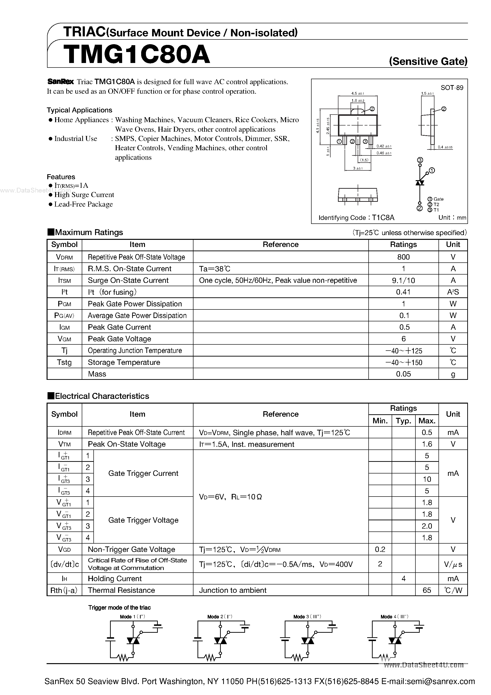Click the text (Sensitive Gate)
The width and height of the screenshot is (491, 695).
pyautogui.click(x=428, y=62)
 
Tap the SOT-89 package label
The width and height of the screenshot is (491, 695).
pyautogui.click(x=452, y=88)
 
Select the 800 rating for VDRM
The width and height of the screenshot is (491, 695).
pyautogui.click(x=403, y=257)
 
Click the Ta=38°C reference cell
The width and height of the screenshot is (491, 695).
pyautogui.click(x=215, y=269)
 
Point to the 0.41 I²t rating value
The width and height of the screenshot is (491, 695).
pyautogui.click(x=403, y=292)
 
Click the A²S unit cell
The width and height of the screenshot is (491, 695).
pyautogui.click(x=453, y=292)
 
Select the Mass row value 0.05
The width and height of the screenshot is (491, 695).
pyautogui.click(x=403, y=374)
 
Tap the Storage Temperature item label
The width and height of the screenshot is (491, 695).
pyautogui.click(x=124, y=362)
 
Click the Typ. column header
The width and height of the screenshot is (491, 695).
pyautogui.click(x=403, y=421)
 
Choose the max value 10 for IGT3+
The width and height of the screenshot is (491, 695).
pyautogui.click(x=427, y=479)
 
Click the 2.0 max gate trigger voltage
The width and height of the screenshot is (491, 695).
pyautogui.click(x=427, y=526)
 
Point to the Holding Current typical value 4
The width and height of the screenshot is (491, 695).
pyautogui.click(x=403, y=579)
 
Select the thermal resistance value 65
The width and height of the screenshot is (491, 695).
pyautogui.click(x=427, y=590)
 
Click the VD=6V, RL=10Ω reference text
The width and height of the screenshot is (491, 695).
pyautogui.click(x=230, y=497)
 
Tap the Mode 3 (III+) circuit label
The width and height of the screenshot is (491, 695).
pyautogui.click(x=307, y=617)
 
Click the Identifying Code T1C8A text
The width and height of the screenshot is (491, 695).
pyautogui.click(x=356, y=218)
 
